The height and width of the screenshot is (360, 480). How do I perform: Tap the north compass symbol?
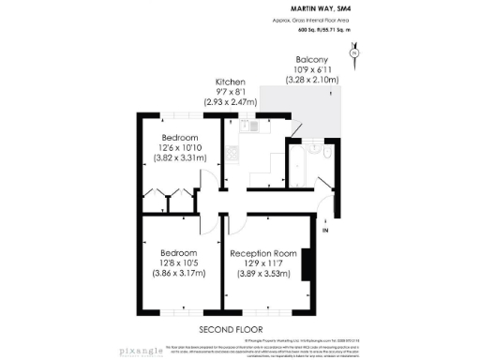pyautogui.click(x=352, y=54)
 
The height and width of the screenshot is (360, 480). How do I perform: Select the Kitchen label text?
pyautogui.click(x=230, y=81)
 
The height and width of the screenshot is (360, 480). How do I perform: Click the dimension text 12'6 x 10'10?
pyautogui.click(x=178, y=147)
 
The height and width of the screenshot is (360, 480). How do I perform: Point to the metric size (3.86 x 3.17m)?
pyautogui.click(x=178, y=274)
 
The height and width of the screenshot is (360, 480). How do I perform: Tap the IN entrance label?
pyautogui.click(x=325, y=229)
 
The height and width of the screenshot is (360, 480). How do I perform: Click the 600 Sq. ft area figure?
pyautogui.click(x=307, y=30)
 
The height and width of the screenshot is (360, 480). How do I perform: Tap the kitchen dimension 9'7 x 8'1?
pyautogui.click(x=230, y=91)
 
